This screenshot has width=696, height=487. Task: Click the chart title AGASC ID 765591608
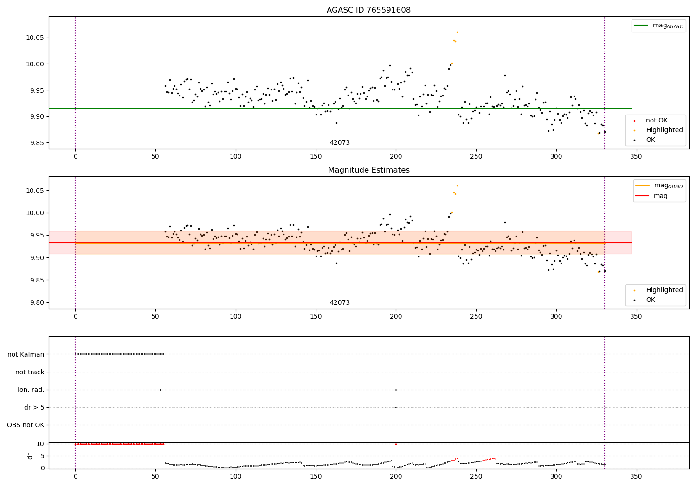click(368, 10)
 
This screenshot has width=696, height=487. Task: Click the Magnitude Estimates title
click(368, 170)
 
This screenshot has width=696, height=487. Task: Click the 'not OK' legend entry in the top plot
click(657, 121)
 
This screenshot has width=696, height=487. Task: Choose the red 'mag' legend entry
click(660, 196)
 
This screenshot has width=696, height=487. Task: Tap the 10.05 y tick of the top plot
click(35, 38)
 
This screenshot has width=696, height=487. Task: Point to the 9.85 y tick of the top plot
click(35, 143)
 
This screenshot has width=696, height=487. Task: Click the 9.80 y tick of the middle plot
click(35, 302)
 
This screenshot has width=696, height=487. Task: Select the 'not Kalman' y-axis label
click(26, 354)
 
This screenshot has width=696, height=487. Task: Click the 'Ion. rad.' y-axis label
click(31, 390)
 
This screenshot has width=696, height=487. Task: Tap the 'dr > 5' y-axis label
click(34, 408)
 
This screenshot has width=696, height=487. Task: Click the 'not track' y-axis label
click(30, 372)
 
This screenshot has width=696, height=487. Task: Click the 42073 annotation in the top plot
click(340, 143)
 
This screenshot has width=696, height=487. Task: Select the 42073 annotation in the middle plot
click(340, 303)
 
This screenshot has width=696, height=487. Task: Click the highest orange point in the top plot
click(457, 32)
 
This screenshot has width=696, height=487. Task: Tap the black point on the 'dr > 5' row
click(396, 407)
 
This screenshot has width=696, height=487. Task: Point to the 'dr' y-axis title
click(30, 456)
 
